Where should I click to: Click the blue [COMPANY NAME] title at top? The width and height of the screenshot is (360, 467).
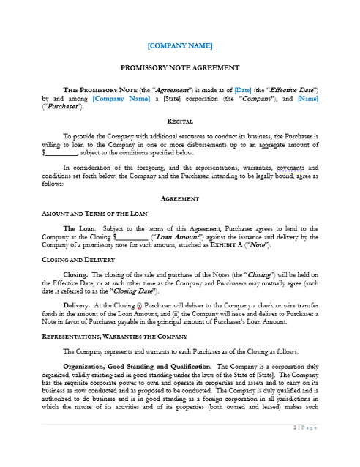(180, 45)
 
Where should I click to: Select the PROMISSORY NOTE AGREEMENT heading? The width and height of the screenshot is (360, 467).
(180, 67)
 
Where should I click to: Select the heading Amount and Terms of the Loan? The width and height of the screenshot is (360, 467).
(95, 213)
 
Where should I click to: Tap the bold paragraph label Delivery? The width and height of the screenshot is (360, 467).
(77, 305)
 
